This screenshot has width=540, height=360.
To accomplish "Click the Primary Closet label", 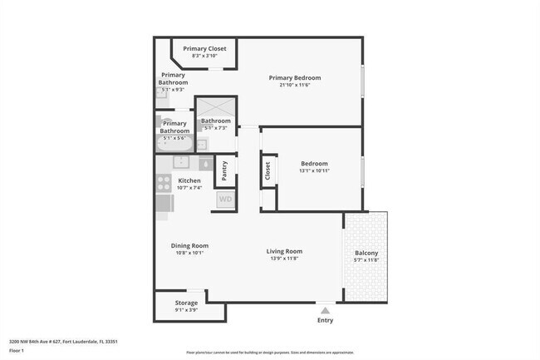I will pyautogui.click(x=204, y=49).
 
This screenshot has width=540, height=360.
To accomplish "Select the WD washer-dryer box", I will pyautogui.click(x=225, y=200).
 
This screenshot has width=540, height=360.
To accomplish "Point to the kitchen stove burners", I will pyautogui.click(x=164, y=184).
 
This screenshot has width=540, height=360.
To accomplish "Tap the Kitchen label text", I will pyautogui.click(x=189, y=180).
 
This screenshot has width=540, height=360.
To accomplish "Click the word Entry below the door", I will pyautogui.click(x=325, y=320).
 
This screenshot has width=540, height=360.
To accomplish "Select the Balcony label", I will pyautogui.click(x=366, y=253).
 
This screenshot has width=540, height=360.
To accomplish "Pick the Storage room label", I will pyautogui.click(x=186, y=303).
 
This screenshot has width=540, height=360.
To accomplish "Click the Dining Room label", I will pyautogui.click(x=189, y=245).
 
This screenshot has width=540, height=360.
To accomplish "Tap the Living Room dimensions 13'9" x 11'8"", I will pyautogui.click(x=284, y=259).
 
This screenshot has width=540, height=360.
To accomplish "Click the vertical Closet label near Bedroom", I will pyautogui.click(x=268, y=171).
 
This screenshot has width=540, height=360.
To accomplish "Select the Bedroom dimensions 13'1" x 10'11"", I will pyautogui.click(x=314, y=171).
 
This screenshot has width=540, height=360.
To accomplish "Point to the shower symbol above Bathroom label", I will pyautogui.click(x=215, y=108).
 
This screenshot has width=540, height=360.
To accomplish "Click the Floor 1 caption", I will pyautogui.click(x=17, y=351).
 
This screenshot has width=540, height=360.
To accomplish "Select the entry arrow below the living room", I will pyautogui.click(x=325, y=309).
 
